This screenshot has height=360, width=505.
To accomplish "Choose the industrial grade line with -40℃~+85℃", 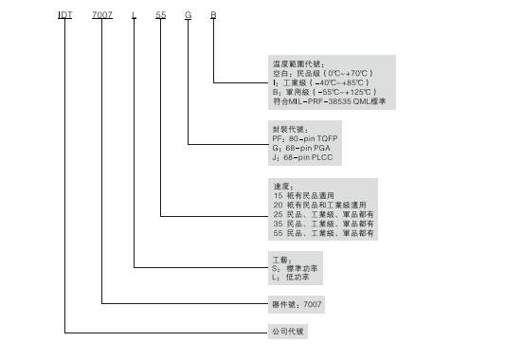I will coord(313,81).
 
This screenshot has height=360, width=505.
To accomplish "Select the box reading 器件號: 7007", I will coord(291,304).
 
